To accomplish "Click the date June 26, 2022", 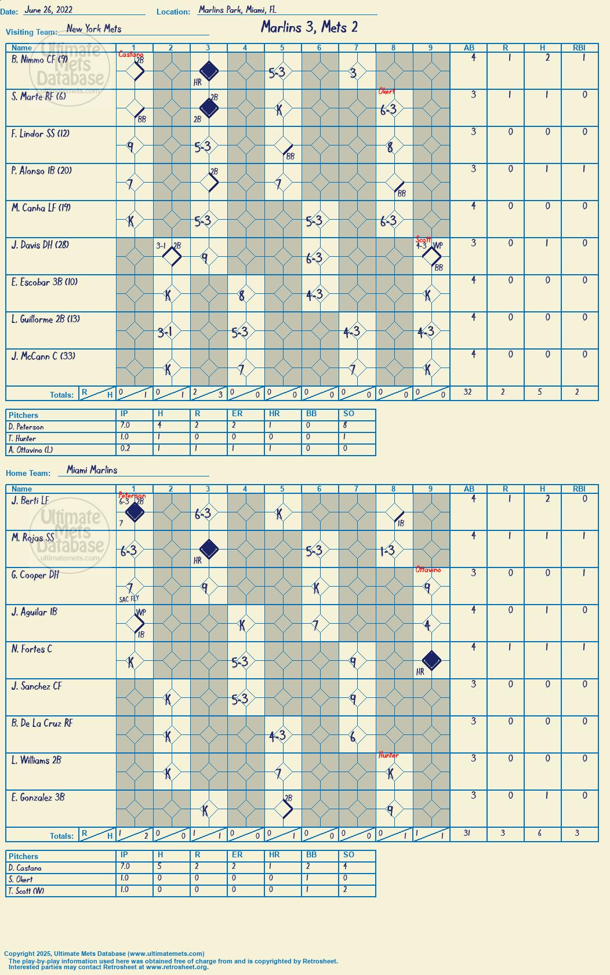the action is pyautogui.click(x=48, y=10).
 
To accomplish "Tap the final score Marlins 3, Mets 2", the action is pyautogui.click(x=309, y=27).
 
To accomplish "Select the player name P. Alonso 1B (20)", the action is pyautogui.click(x=41, y=170).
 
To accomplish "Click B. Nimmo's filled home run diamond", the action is pyautogui.click(x=209, y=71).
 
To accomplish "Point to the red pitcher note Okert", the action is pyautogui.click(x=386, y=92).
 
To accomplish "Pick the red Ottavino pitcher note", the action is pyautogui.click(x=428, y=570).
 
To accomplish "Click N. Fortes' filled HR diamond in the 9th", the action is pyautogui.click(x=431, y=660).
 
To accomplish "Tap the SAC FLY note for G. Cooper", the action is pyautogui.click(x=129, y=599).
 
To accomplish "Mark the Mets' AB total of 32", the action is pyautogui.click(x=467, y=392).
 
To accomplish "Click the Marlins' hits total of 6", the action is pyautogui.click(x=540, y=832).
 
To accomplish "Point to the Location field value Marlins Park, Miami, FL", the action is pyautogui.click(x=237, y=10).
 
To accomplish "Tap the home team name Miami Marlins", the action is pyautogui.click(x=92, y=470).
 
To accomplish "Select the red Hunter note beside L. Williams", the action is pyautogui.click(x=388, y=755).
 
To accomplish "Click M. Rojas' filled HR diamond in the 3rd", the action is pyautogui.click(x=209, y=550).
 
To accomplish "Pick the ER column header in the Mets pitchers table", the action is pyautogui.click(x=237, y=413).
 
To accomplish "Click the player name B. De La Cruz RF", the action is pyautogui.click(x=42, y=723).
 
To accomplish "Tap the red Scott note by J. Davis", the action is pyautogui.click(x=423, y=239).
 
